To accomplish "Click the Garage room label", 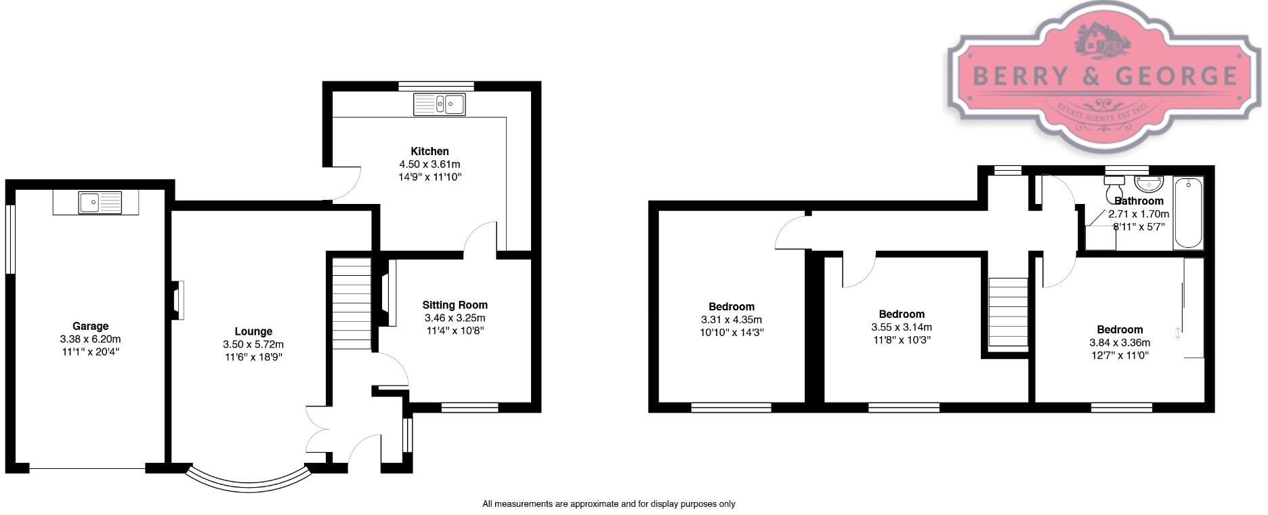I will [x=90, y=326].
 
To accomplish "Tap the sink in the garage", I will [x=100, y=202].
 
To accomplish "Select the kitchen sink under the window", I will [x=440, y=104].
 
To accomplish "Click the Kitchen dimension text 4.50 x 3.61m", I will [x=429, y=164].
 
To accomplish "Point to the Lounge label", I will [x=253, y=331].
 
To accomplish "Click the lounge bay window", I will [x=247, y=479].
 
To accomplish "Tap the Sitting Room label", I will [x=455, y=305].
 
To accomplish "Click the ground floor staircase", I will [x=351, y=305].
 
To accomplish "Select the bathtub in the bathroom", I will [x=1188, y=213].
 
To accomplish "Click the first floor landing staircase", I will [x=1008, y=314].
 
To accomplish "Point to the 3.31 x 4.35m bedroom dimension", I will [x=731, y=319].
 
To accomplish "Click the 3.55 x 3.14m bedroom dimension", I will [x=902, y=327].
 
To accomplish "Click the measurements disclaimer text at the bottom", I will [x=608, y=503].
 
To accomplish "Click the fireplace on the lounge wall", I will [x=177, y=300].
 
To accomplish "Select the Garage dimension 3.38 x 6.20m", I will [x=90, y=339].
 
